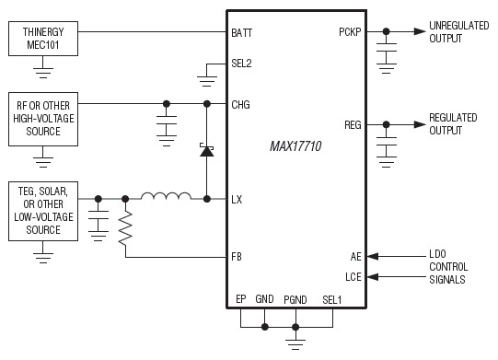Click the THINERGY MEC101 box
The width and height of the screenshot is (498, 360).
40,39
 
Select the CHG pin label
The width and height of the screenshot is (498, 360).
241,104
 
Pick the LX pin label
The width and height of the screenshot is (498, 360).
237,198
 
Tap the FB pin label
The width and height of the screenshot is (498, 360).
237,258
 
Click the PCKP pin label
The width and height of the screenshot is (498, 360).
350,33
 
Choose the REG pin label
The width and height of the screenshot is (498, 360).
353,123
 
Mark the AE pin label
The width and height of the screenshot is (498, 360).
355,258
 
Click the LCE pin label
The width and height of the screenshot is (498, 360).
353,276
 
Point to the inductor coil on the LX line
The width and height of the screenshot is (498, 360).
166,196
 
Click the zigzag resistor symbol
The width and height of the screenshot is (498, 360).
125,227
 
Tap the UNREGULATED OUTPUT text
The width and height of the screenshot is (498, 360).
458,32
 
